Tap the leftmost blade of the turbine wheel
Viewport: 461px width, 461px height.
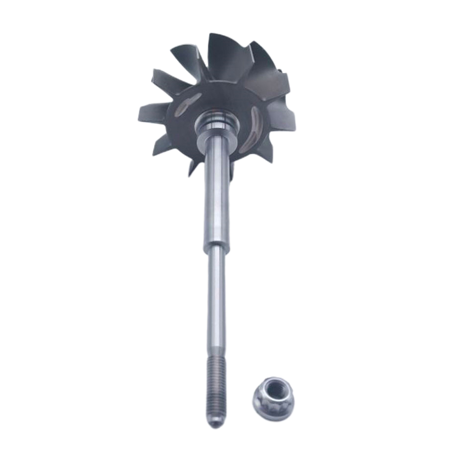pyautogui.click(x=153, y=112)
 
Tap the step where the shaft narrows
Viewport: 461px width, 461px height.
pyautogui.click(x=217, y=248)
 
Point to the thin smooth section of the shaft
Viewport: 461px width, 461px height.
pyautogui.click(x=216, y=306)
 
